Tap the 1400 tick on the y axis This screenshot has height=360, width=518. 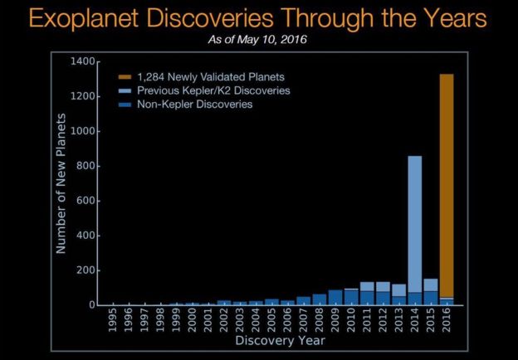pos(84,62)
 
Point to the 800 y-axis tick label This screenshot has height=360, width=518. pos(86,166)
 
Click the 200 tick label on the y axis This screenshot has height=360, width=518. pos(86,270)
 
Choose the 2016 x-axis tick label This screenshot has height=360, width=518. pos(447,321)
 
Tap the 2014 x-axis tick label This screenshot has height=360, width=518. pos(415,321)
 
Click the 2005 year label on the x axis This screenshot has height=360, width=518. pos(272,321)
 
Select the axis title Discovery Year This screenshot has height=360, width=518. pos(280,341)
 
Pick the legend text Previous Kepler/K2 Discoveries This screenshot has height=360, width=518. pos(208,90)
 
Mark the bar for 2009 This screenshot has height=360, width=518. pos(335,298)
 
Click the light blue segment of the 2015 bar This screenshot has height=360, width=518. pos(431,285)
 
